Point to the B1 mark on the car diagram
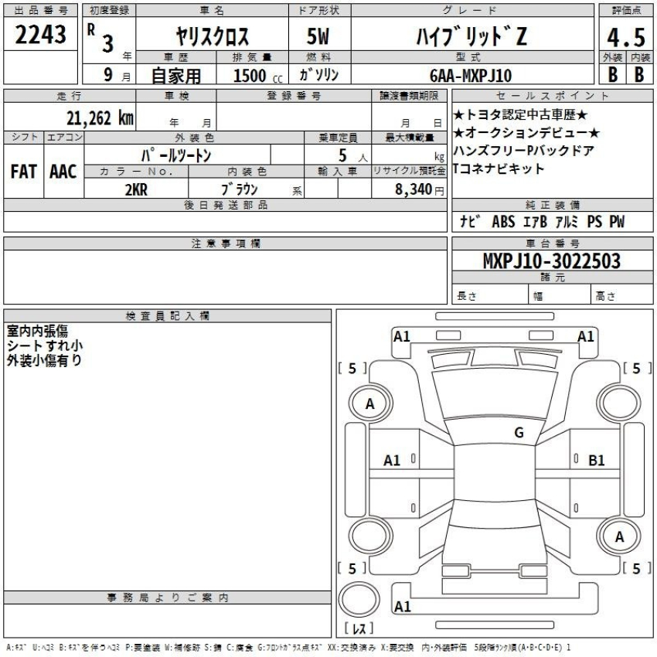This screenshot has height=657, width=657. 596,460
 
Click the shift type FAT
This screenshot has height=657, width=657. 24,172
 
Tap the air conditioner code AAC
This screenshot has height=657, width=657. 63,172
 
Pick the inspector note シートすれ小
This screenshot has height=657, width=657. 45,345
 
